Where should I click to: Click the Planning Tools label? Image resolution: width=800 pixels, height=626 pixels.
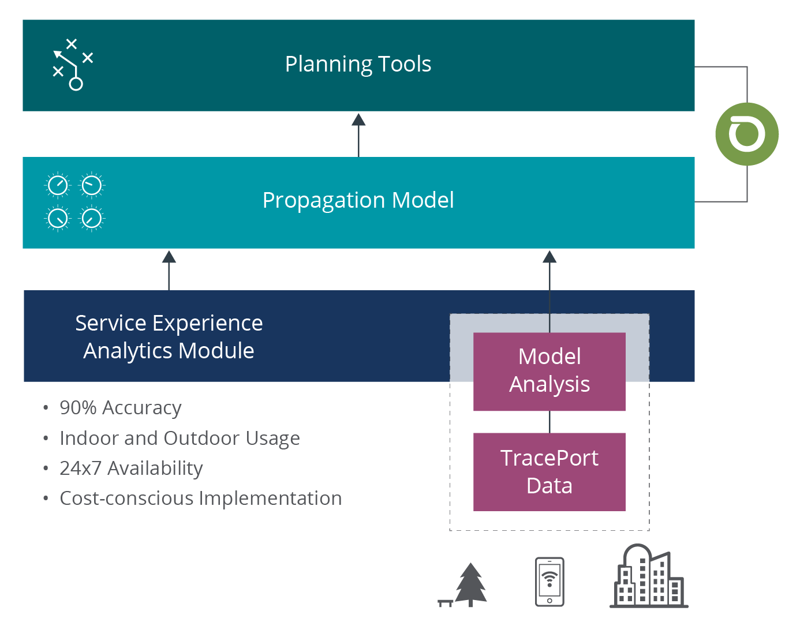tap(358, 64)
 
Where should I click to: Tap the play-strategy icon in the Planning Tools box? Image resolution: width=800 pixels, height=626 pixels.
tap(72, 65)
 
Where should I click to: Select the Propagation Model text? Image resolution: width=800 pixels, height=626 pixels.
tap(358, 200)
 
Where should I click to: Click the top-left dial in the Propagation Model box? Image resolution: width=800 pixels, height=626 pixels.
tap(58, 185)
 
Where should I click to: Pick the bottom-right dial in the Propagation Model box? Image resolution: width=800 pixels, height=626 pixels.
tap(91, 219)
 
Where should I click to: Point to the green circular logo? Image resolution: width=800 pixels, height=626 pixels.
tap(747, 134)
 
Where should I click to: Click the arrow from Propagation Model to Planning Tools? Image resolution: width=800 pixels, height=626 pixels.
tap(358, 135)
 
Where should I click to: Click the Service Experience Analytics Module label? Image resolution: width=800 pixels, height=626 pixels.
tap(169, 336)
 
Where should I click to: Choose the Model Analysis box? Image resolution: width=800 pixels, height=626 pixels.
tap(549, 371)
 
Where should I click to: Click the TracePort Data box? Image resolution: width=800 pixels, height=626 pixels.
tap(549, 472)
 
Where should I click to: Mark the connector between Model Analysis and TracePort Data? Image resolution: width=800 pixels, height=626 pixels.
tap(549, 422)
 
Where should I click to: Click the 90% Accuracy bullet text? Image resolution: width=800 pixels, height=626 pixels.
tap(120, 408)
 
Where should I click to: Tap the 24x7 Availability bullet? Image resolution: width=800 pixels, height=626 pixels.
tap(131, 468)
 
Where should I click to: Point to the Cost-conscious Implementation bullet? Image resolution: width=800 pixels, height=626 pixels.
tap(200, 498)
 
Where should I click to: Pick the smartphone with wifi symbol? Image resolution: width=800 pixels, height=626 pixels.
tap(549, 582)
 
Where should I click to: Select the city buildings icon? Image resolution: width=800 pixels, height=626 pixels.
tap(649, 577)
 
